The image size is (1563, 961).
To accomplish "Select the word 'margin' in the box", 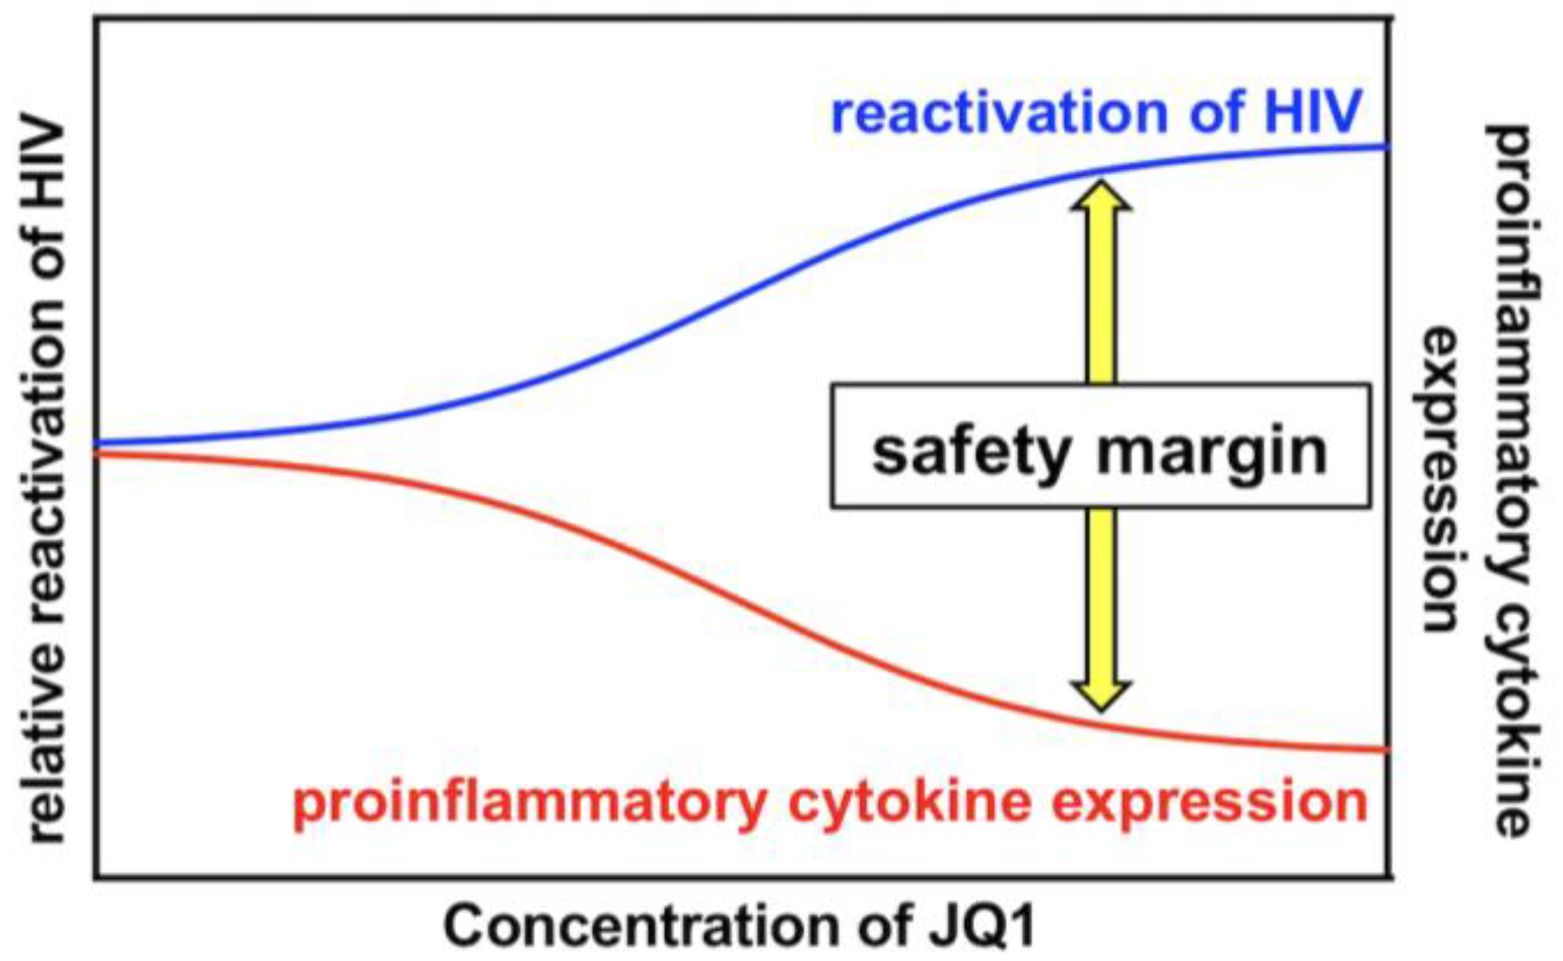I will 1212,452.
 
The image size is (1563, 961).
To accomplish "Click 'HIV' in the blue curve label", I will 1313,112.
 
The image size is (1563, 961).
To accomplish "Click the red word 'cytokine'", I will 909,802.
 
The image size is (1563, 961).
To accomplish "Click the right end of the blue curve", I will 1386,146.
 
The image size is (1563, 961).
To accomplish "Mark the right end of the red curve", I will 1386,749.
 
